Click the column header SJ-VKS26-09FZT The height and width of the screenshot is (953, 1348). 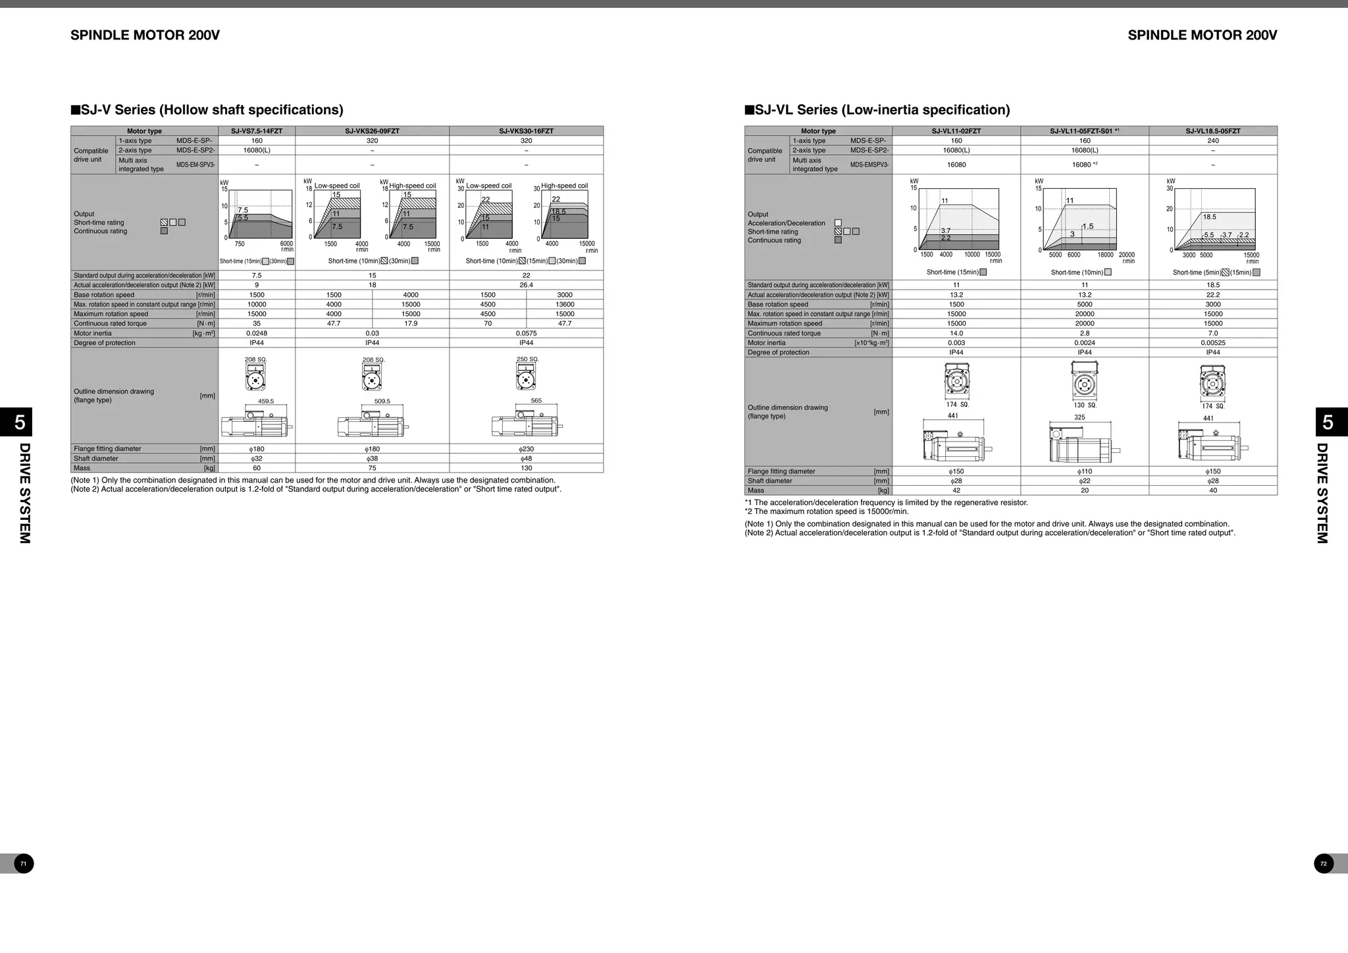point(372,131)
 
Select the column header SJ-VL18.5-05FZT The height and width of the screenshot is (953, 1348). point(1212,131)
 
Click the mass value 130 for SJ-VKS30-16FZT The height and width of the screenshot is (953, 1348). point(526,468)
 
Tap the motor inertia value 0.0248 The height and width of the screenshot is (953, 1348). point(257,333)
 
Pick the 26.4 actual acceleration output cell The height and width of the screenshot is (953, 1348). point(526,285)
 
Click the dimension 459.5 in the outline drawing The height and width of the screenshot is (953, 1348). point(266,401)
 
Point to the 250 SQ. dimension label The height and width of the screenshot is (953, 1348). point(527,359)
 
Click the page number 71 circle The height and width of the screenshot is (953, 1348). point(24,863)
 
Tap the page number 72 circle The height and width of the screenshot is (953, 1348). point(1324,863)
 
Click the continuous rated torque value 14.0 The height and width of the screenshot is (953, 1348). point(956,333)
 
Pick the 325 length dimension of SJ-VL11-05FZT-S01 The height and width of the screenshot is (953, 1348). point(1079,417)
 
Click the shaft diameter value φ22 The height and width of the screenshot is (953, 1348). point(1084,481)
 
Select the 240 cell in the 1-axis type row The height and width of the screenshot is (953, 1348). point(1212,141)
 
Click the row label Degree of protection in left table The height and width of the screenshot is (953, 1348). point(105,343)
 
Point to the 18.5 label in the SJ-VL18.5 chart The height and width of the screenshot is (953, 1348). point(1209,217)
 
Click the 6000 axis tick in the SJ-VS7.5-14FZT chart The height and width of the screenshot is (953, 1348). point(286,244)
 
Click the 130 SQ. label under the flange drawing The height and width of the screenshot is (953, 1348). point(1084,405)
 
